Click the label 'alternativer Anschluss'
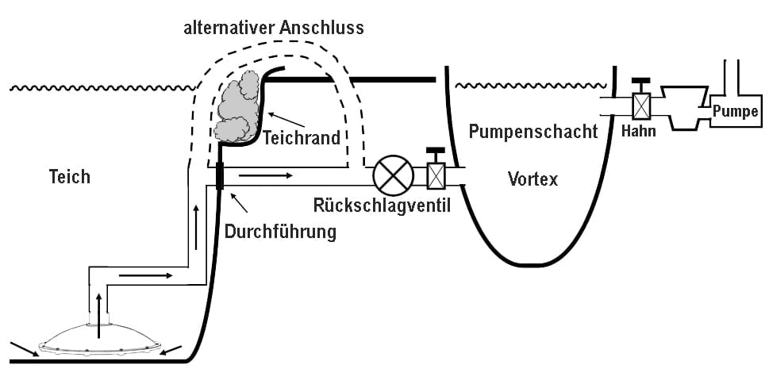click(274, 28)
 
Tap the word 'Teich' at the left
click(70, 177)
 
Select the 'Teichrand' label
click(302, 138)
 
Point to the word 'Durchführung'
click(280, 232)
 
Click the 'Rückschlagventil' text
click(382, 206)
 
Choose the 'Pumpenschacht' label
click(533, 132)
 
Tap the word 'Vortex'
click(533, 179)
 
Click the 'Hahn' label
click(638, 132)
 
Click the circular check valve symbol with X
click(394, 175)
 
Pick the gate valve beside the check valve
click(436, 170)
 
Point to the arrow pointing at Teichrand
click(286, 120)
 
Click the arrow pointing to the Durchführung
click(239, 202)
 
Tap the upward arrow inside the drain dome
click(99, 317)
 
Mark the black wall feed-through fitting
click(220, 176)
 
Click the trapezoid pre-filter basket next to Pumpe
click(684, 108)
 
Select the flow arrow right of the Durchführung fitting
click(267, 175)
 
